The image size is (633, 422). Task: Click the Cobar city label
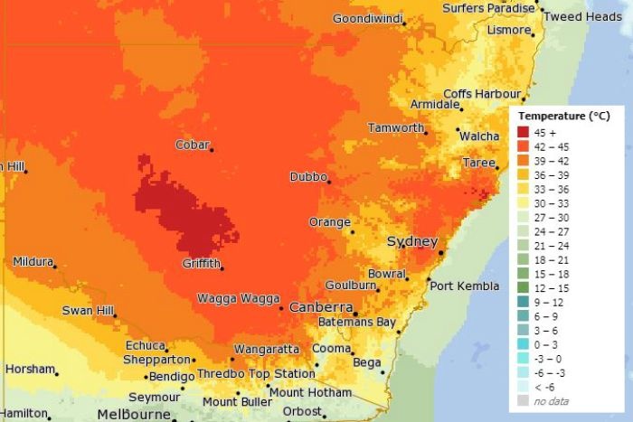(192, 145)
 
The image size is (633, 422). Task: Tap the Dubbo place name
(307, 176)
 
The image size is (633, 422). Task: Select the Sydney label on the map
(411, 241)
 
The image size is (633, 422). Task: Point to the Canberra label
(320, 307)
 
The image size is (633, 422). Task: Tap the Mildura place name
(33, 262)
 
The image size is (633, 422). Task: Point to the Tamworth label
(396, 128)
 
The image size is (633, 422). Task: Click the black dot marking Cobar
(213, 149)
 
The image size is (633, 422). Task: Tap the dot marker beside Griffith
(222, 267)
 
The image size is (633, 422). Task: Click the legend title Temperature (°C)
(564, 117)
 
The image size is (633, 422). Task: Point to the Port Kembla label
(464, 286)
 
